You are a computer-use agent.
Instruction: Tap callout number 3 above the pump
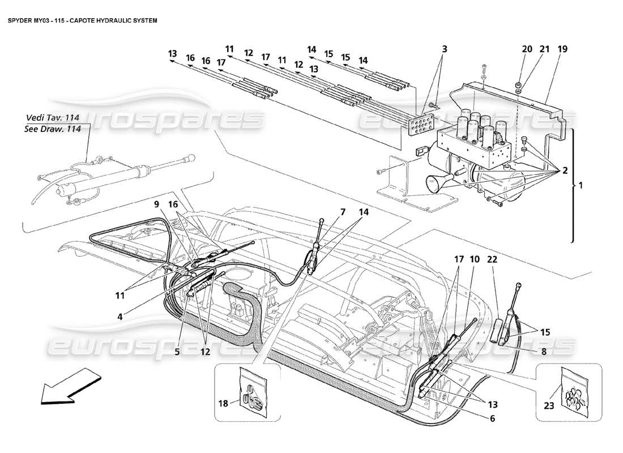[x=445, y=50]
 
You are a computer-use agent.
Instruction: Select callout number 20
[x=527, y=50]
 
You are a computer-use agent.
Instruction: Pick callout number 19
[x=562, y=50]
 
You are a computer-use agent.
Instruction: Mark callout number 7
[x=343, y=212]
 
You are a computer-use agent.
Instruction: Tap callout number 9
[x=157, y=203]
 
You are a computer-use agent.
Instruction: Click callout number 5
[x=177, y=352]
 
